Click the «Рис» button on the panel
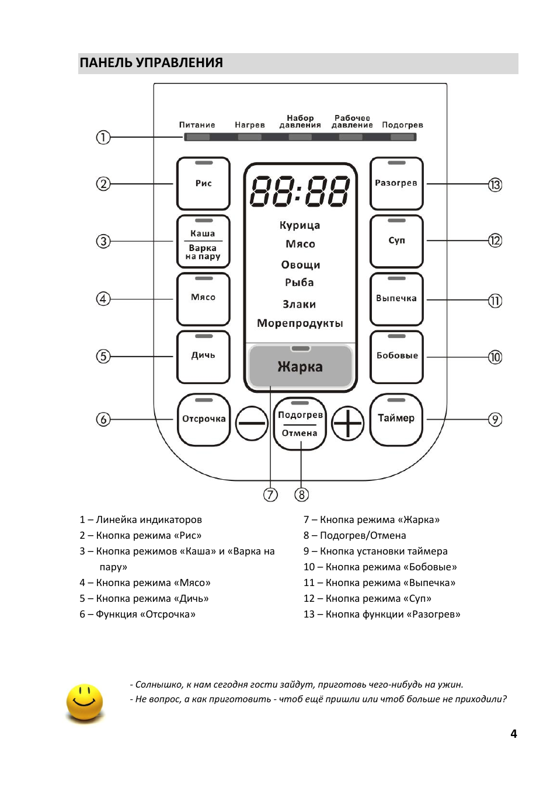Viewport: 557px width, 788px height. click(203, 184)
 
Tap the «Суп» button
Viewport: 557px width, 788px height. click(396, 241)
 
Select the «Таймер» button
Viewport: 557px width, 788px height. click(396, 420)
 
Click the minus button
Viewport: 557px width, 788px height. click(252, 423)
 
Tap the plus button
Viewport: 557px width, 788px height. click(348, 423)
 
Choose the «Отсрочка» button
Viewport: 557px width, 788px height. click(204, 420)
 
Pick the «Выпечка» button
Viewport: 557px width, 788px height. click(396, 299)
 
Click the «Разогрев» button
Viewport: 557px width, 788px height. click(396, 184)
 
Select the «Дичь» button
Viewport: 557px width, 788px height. click(203, 357)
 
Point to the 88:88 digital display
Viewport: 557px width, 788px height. click(300, 191)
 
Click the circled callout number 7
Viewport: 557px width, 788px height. click(270, 494)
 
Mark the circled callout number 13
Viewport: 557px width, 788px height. click(495, 184)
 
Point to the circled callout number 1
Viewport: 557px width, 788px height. click(103, 137)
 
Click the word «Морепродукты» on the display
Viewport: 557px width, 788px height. click(300, 323)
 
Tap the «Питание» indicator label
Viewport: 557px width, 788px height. click(197, 125)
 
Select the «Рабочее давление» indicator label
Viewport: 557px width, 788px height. click(352, 121)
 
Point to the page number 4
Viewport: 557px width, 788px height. click(514, 734)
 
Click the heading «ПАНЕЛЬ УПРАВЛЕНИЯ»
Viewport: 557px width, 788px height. click(151, 62)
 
